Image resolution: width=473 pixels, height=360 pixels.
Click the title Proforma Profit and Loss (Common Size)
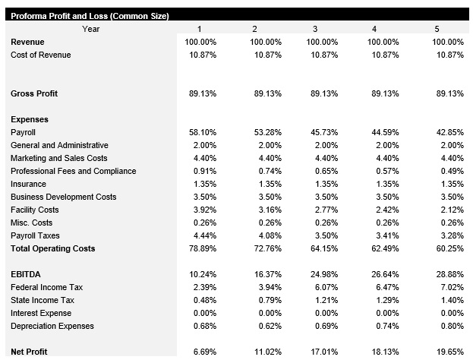tap(89, 16)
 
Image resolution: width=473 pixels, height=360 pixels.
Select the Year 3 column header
tap(314, 29)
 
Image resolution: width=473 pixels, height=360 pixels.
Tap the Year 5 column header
tap(437, 29)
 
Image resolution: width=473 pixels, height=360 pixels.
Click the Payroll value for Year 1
tap(201, 132)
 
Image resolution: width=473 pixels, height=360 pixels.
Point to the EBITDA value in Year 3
tap(325, 274)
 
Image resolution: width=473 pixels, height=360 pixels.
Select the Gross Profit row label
tap(34, 93)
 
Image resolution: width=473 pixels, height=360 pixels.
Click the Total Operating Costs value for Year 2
tap(266, 248)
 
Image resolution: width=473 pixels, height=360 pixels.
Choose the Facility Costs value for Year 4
tap(387, 210)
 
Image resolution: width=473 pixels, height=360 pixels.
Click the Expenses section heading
tap(30, 119)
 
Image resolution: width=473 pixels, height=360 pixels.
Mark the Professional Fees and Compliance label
tap(74, 171)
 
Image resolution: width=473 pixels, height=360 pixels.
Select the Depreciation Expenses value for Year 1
tap(203, 326)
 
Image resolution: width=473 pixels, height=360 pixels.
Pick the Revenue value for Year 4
tap(385, 42)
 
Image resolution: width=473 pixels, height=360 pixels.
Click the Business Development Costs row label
tap(64, 197)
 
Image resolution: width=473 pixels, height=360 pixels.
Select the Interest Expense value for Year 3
tap(327, 313)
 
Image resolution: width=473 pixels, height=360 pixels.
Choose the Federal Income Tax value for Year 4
tap(387, 287)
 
